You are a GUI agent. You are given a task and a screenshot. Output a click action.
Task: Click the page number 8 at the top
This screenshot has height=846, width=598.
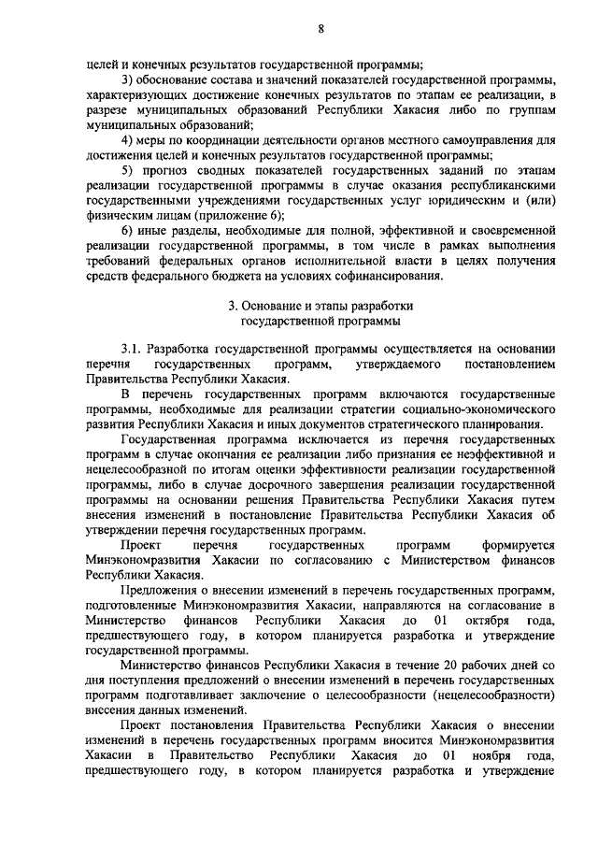pos(320,29)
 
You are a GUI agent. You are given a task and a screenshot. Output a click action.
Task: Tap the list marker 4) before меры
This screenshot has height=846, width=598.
pos(130,140)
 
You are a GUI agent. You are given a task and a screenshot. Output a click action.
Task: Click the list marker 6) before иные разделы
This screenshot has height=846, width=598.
pos(130,229)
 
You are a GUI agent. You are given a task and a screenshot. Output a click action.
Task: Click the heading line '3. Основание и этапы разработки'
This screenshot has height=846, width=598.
pos(320,305)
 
